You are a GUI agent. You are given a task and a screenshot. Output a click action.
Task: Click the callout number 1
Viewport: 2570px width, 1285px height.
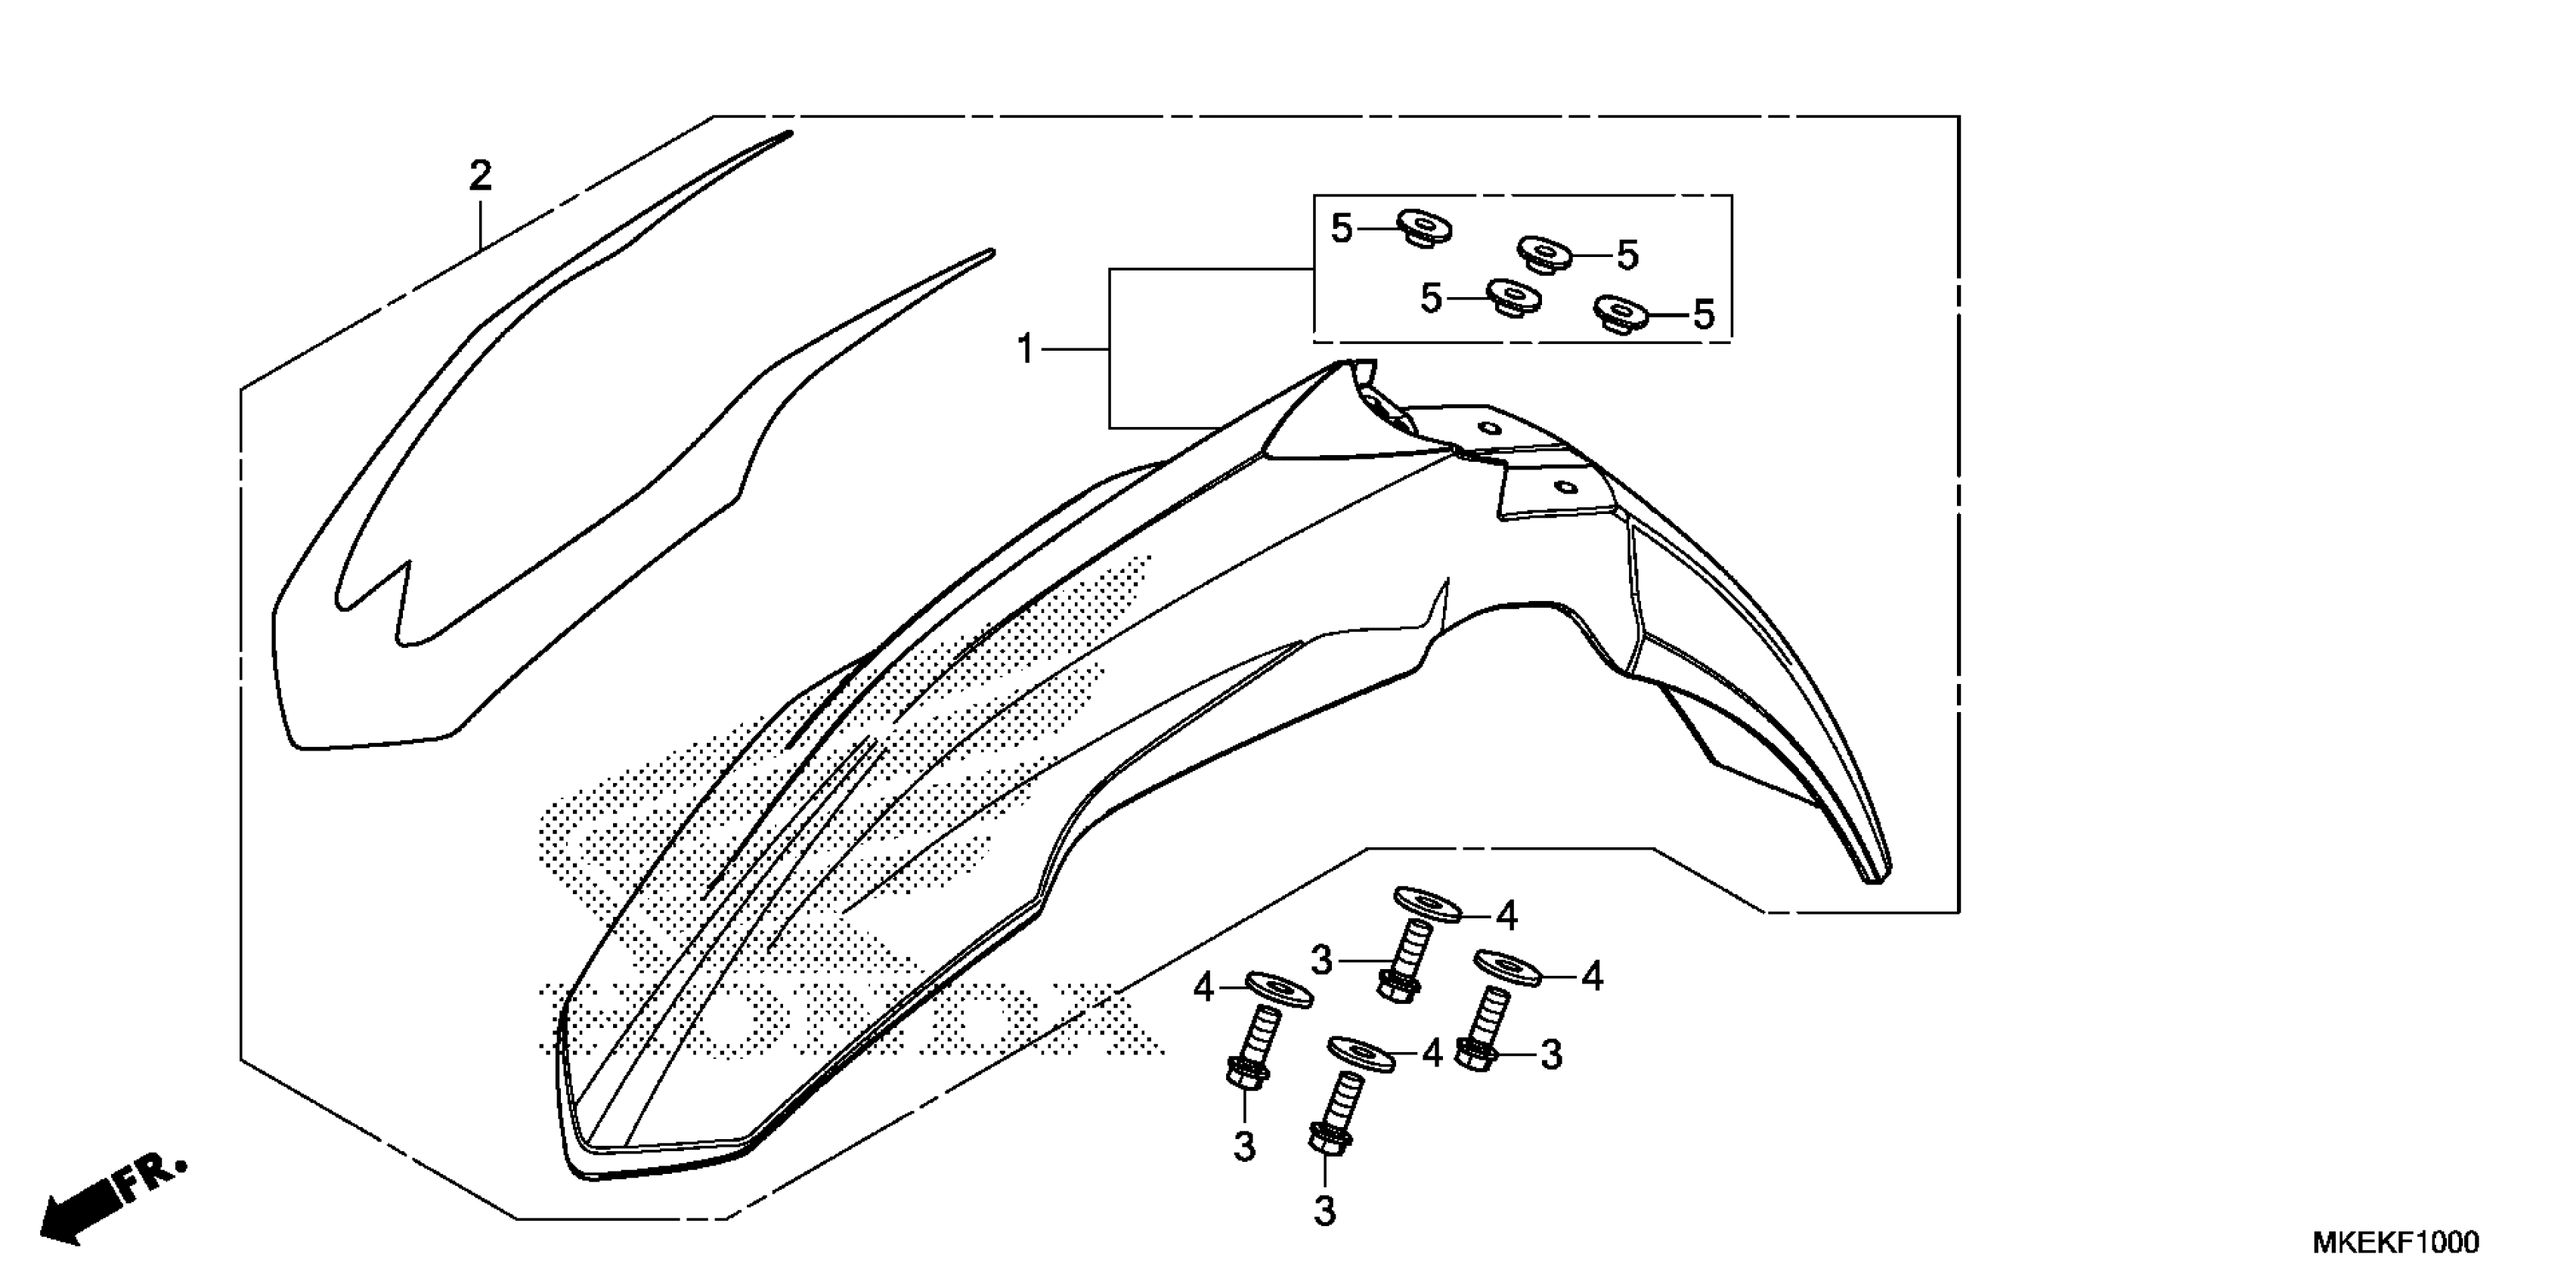(1025, 350)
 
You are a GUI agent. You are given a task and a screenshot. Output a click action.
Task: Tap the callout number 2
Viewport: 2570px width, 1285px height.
(480, 177)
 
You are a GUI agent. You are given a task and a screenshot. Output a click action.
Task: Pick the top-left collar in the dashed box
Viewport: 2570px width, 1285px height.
(1423, 228)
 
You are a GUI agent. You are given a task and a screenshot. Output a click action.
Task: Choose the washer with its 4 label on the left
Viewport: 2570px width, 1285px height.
(1279, 988)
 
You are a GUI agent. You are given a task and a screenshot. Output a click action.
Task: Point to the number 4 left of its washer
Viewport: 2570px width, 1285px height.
(1204, 988)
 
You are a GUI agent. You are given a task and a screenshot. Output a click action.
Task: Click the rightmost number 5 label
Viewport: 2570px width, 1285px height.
(1704, 315)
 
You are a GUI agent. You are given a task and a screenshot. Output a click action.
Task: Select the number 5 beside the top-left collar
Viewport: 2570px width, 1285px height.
(1342, 228)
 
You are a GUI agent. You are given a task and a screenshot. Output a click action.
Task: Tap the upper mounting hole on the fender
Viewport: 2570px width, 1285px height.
(1491, 429)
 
